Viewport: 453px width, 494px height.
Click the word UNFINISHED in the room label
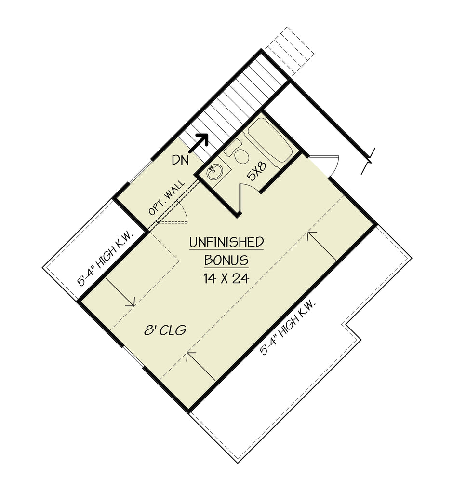[226, 242]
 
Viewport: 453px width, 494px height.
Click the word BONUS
[226, 260]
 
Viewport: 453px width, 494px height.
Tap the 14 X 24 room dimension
[226, 278]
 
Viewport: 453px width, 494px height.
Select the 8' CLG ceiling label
[165, 330]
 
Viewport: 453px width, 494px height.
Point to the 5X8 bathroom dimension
[256, 171]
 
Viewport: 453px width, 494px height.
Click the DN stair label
[180, 160]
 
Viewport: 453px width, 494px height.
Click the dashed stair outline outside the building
[289, 51]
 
